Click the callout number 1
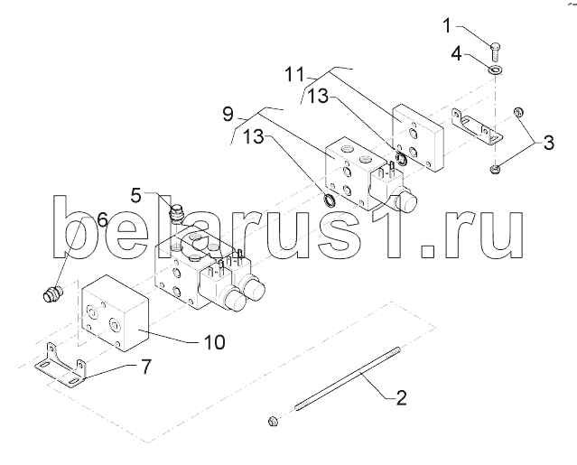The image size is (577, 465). pos(447,26)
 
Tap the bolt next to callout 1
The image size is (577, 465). pos(496,52)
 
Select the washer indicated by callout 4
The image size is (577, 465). pos(496,70)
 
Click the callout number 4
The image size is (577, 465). pos(456,53)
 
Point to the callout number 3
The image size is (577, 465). pos(548,143)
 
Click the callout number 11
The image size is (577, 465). pos(295,75)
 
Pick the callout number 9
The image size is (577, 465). pos(228,114)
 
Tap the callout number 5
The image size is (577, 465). pos(136,196)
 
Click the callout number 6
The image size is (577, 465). pos(102,219)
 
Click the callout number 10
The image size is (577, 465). pos(214,342)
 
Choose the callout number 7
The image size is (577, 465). pos(146,367)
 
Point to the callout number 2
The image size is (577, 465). pos(402,397)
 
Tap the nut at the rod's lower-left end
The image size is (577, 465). pos(273,420)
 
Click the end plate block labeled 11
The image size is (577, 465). pos(418,137)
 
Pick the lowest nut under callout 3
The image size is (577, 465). pos(494,169)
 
